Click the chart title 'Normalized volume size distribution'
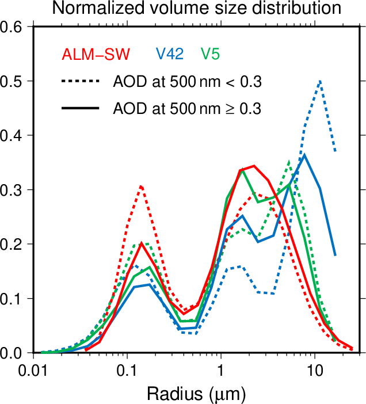pos(196,8)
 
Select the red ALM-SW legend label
pos(96,55)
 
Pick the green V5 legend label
pos(211,54)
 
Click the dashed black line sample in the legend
pos(81,82)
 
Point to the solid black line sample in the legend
pos(81,108)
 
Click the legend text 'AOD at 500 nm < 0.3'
pos(188,82)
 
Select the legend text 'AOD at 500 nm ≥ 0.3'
pos(188,108)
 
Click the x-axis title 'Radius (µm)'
pos(196,394)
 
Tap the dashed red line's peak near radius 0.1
pos(140,186)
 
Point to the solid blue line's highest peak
pos(304,154)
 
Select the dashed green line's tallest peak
pos(289,162)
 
